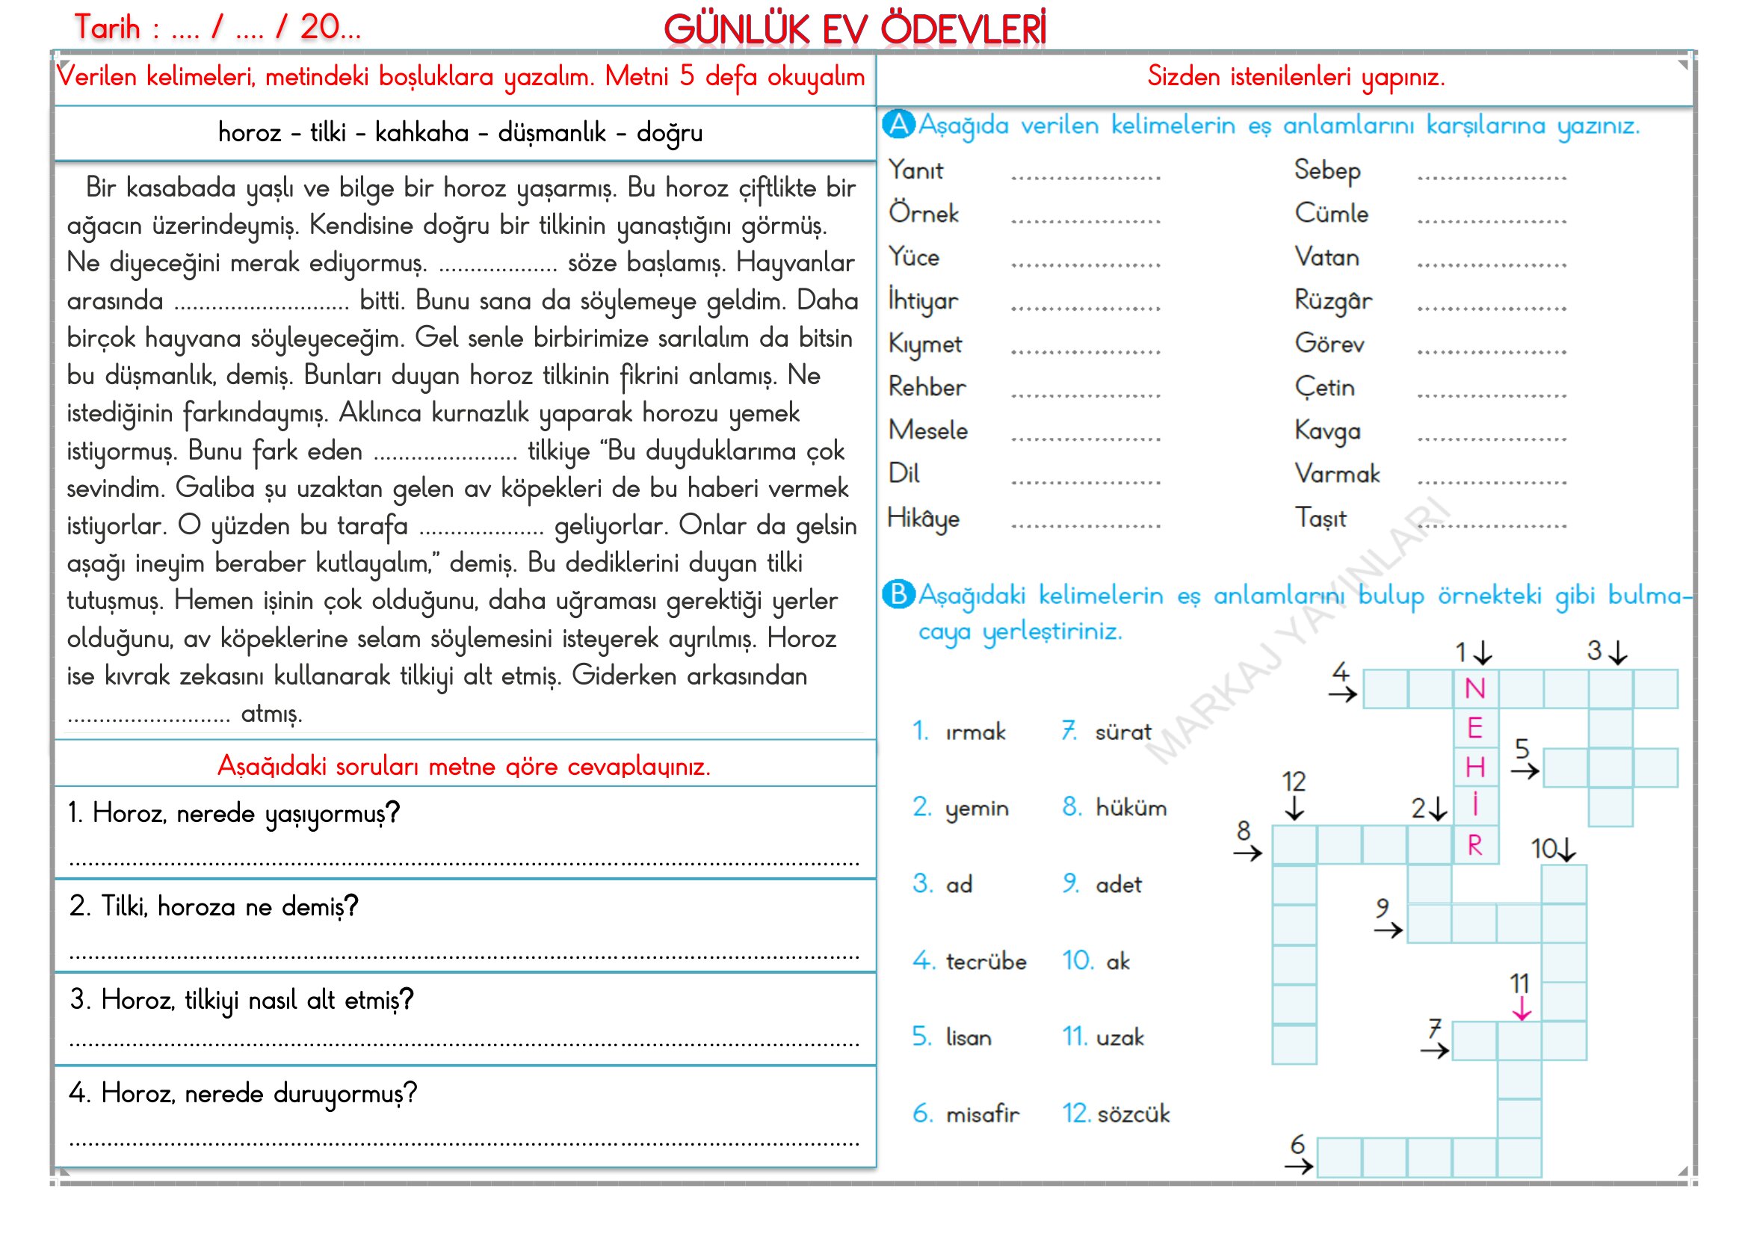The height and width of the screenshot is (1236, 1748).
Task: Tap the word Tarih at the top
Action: [108, 28]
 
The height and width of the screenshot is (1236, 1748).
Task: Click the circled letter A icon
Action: [898, 124]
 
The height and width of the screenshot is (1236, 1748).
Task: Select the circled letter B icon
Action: [898, 593]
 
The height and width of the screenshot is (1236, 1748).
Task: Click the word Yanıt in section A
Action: [916, 170]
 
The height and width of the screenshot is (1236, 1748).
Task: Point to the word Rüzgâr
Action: [1333, 300]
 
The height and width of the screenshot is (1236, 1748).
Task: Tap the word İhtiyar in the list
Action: [923, 300]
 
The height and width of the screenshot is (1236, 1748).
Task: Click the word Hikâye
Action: [924, 519]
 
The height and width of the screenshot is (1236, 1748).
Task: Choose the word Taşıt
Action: [1321, 519]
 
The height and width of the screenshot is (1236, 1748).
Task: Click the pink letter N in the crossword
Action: [1474, 689]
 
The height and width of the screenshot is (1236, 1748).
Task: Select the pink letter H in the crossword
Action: [1474, 767]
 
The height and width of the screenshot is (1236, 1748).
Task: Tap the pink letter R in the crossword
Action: [1474, 846]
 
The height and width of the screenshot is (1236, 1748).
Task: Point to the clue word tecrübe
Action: [986, 961]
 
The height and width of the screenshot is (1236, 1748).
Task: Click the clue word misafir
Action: [982, 1114]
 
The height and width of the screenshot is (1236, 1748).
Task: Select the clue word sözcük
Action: [1134, 1114]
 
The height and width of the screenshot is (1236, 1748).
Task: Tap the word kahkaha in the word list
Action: [421, 132]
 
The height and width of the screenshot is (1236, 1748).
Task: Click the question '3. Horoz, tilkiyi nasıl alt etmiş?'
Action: [241, 999]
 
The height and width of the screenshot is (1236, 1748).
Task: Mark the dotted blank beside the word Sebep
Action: [1492, 176]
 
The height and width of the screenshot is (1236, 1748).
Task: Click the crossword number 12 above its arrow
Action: [1294, 782]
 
